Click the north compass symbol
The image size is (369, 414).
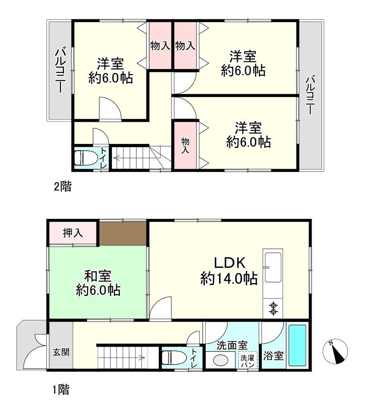click(x=335, y=351)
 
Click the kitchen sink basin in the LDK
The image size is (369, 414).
click(x=273, y=267)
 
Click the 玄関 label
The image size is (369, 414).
click(x=61, y=352)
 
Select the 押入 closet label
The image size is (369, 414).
click(x=73, y=233)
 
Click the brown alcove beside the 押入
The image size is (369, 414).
click(x=123, y=233)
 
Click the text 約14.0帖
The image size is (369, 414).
click(x=229, y=278)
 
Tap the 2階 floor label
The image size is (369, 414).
click(x=63, y=187)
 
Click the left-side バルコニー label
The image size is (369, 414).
click(x=61, y=70)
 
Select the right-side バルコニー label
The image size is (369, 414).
click(x=310, y=95)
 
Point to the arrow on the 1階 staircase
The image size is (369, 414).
click(x=122, y=358)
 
